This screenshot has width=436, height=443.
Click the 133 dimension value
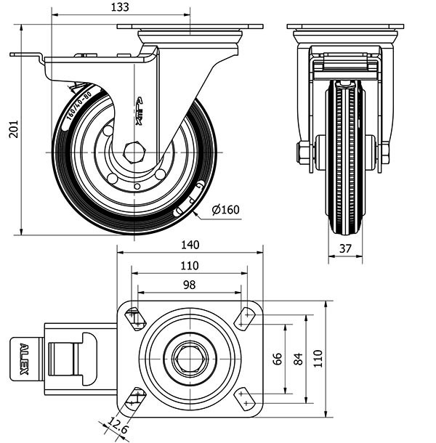[121, 7]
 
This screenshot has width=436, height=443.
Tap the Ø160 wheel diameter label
[225, 210]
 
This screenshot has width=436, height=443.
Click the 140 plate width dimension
[190, 245]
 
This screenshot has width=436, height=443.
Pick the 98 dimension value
[190, 285]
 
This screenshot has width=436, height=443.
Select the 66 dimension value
[277, 359]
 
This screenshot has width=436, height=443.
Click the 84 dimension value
[298, 359]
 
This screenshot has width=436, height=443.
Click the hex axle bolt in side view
[135, 153]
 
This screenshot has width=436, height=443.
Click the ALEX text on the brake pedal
[24, 359]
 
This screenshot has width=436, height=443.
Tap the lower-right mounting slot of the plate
[245, 397]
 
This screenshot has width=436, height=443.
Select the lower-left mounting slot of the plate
[135, 397]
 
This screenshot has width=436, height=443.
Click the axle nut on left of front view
[302, 153]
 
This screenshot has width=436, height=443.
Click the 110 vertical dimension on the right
[318, 359]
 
